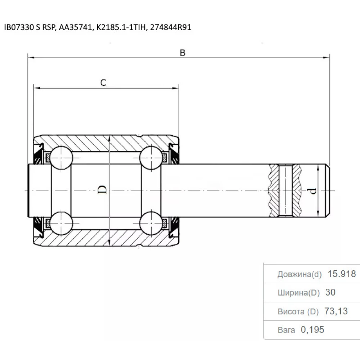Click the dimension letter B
(183, 53)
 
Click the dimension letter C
(103, 83)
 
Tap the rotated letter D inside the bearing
(103, 190)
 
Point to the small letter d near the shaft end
(313, 191)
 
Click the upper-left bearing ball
(61, 157)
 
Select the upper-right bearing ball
(150, 157)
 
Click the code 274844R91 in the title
(171, 27)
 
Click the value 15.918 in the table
(341, 274)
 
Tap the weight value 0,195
(312, 330)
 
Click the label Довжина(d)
(299, 274)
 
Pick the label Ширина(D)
(298, 293)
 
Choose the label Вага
(286, 330)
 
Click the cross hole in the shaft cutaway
(286, 191)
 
